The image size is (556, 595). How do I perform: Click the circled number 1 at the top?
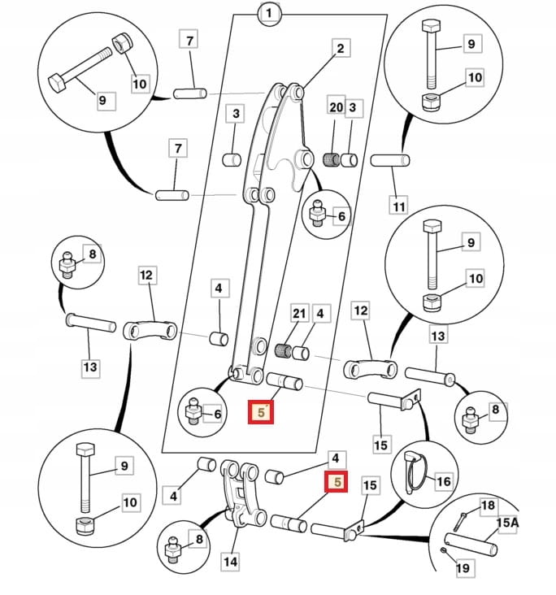(269, 14)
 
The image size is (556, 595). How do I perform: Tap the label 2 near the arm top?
(340, 49)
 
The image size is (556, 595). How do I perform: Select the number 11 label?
(398, 206)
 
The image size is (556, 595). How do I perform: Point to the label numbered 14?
(231, 560)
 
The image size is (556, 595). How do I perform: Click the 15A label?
(506, 523)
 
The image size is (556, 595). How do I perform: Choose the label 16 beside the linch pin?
(443, 481)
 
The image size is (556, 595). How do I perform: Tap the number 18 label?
(487, 506)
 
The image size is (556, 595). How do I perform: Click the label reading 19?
(463, 569)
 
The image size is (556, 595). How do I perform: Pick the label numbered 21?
(299, 313)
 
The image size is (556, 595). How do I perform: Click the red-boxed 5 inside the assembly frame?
(261, 413)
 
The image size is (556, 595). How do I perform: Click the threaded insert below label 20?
(332, 158)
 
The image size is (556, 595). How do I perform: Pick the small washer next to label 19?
(443, 552)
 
